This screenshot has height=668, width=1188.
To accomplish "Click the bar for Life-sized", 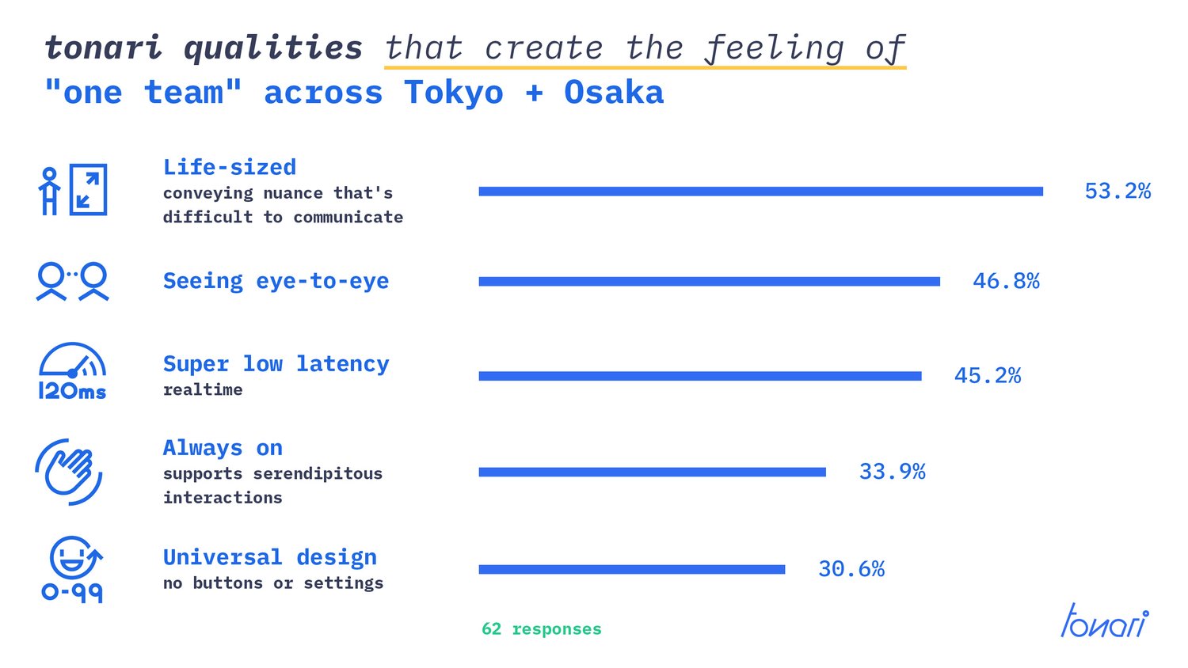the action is [x=760, y=192].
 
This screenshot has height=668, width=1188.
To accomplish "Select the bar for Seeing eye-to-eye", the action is [x=709, y=282].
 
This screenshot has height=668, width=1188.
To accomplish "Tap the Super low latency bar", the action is [x=700, y=376].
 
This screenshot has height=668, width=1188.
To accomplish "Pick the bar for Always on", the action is [x=653, y=472].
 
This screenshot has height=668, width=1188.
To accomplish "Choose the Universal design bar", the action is [x=632, y=569].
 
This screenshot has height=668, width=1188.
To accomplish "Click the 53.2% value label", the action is [x=1118, y=192].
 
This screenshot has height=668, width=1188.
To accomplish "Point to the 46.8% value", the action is [x=1006, y=281].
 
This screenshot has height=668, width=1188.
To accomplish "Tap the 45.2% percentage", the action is [x=987, y=376].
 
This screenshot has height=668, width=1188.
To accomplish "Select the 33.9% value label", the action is [x=892, y=471].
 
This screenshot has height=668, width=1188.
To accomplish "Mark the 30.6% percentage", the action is [x=851, y=569].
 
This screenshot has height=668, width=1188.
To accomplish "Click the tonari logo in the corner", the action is [x=1105, y=621].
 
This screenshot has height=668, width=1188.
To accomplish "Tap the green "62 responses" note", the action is [x=542, y=628].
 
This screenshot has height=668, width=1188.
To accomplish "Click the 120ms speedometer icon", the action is [x=72, y=371].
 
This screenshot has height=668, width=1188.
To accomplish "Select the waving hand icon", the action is [x=69, y=472].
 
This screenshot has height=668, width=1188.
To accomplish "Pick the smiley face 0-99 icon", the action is [x=73, y=569].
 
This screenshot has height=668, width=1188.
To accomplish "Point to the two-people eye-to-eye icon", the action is [x=73, y=282].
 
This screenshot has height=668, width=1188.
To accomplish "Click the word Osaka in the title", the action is [x=614, y=93].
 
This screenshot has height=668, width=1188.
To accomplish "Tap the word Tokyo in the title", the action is [x=454, y=93].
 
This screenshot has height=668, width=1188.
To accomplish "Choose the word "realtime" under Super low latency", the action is [x=203, y=389].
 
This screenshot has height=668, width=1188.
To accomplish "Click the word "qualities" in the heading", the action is [x=273, y=48].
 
